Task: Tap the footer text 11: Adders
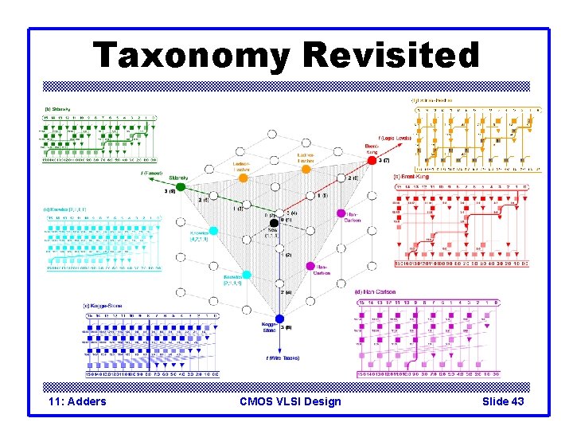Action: click(77, 401)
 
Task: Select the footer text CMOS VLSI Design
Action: click(290, 401)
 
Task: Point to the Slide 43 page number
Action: click(503, 401)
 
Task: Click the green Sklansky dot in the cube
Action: click(181, 187)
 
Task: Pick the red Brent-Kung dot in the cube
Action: click(372, 160)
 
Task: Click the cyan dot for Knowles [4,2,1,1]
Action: click(212, 232)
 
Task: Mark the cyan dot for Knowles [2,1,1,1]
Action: click(246, 276)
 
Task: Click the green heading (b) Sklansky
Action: click(58, 110)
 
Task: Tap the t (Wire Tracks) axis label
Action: click(283, 358)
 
